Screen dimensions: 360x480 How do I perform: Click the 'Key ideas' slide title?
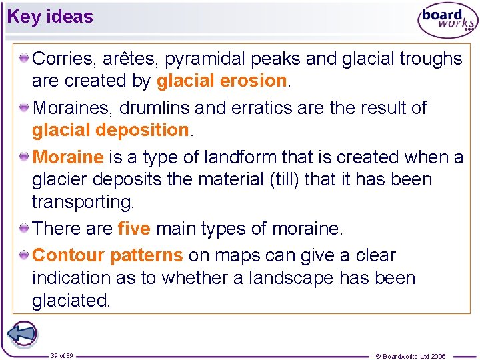[x=50, y=17]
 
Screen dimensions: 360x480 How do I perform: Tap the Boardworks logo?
[x=447, y=21]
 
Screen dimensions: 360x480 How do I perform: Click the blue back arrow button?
[x=22, y=334]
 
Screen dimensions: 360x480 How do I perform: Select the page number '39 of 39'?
[x=62, y=355]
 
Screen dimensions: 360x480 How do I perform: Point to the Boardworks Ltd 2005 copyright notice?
[x=411, y=356]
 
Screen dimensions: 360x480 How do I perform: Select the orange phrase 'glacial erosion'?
[x=221, y=81]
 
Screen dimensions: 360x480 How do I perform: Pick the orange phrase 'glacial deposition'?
[x=111, y=130]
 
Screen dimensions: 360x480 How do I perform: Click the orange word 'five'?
[x=133, y=229]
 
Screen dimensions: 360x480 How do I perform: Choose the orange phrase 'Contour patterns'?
[x=107, y=255]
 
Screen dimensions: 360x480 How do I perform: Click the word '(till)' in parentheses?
[x=303, y=179]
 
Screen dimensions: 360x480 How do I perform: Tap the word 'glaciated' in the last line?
[x=71, y=301]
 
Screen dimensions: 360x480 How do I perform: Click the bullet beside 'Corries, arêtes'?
[x=24, y=59]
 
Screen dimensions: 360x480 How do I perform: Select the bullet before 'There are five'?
[x=24, y=229]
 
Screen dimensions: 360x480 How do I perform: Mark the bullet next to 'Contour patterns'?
[x=24, y=255]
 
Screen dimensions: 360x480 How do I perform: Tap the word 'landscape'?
[x=291, y=278]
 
